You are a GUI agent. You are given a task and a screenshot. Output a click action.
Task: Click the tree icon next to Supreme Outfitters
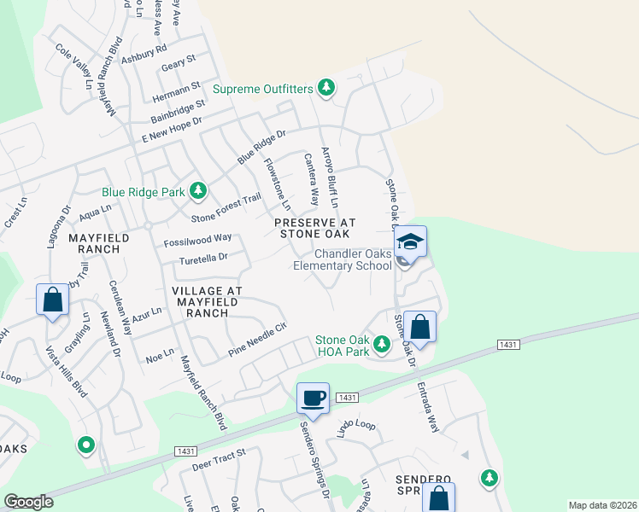pyautogui.click(x=325, y=87)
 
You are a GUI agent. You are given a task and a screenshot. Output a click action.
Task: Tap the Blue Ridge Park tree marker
pyautogui.click(x=198, y=189)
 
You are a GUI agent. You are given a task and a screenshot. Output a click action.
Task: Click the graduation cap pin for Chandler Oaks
pyautogui.click(x=411, y=243)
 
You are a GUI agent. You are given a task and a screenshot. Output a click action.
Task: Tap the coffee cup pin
pyautogui.click(x=314, y=399)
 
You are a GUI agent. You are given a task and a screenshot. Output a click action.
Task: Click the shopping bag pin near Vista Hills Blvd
pyautogui.click(x=53, y=300)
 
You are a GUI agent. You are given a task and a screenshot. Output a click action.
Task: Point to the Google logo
pyautogui.click(x=28, y=502)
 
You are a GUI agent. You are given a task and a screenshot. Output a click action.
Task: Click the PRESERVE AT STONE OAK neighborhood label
pyautogui.click(x=314, y=227)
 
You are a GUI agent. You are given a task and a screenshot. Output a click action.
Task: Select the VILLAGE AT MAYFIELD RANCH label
pyautogui.click(x=208, y=301)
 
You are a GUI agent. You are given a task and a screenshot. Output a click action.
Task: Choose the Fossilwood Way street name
pyautogui.click(x=198, y=239)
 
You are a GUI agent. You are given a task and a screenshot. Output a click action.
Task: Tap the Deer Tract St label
pyautogui.click(x=219, y=459)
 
